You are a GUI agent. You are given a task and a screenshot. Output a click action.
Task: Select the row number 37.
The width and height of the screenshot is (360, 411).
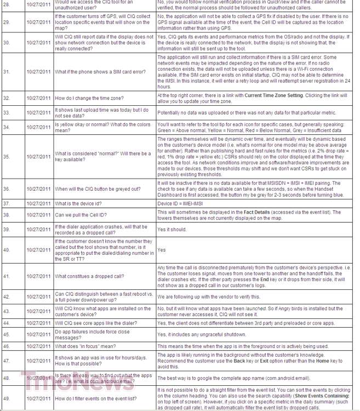(6, 203)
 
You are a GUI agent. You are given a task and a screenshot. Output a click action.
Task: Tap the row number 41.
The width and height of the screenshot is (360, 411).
(6, 277)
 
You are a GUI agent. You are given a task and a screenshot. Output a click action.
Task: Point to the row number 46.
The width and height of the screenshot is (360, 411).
(6, 346)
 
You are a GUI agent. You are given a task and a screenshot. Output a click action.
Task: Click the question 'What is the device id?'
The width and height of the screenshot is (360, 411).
(79, 203)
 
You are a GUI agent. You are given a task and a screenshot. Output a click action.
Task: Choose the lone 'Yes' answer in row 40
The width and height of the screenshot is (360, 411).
(162, 250)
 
